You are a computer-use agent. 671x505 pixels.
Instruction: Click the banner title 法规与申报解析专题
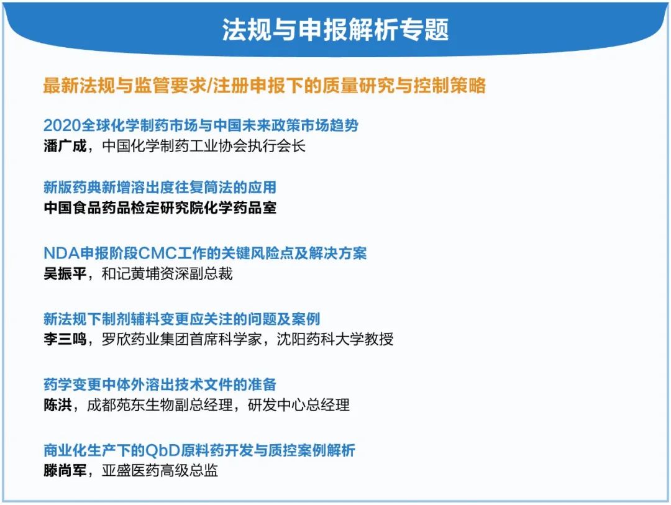tap(335, 30)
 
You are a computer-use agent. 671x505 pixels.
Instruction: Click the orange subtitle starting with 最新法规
tap(265, 85)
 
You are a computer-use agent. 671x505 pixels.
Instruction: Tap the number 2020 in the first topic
tap(62, 125)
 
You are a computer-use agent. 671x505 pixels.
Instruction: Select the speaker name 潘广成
tap(65, 146)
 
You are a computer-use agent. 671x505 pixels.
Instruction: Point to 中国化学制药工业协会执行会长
tap(204, 146)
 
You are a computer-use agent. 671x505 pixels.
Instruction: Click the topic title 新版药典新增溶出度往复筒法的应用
tap(160, 188)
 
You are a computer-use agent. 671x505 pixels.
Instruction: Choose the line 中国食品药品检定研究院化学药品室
tap(160, 208)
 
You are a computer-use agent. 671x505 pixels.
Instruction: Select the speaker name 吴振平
tap(65, 273)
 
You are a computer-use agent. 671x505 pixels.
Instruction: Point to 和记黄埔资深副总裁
tap(167, 273)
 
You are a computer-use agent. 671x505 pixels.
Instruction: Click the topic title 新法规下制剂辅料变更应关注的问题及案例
tap(181, 319)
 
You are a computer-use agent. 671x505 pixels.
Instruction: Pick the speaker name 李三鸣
tap(65, 339)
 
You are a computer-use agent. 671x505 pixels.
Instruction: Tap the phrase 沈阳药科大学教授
tap(335, 339)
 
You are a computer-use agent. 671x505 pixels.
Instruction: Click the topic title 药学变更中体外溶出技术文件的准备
tap(160, 384)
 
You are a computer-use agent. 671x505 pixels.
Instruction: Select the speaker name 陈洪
tap(58, 405)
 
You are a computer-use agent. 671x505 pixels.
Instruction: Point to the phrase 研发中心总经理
tap(299, 405)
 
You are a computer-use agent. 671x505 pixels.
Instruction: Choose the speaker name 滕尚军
tap(65, 471)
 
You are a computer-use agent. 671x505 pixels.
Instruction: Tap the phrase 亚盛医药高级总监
tap(160, 471)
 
